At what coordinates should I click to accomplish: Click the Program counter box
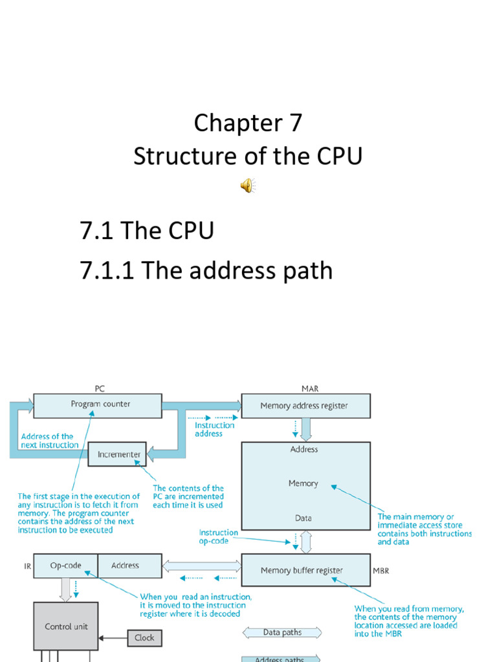click(97, 405)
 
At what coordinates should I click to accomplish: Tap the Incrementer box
click(118, 454)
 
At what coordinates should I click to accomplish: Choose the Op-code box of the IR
click(65, 566)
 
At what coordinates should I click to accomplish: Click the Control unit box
click(66, 626)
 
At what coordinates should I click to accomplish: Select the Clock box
click(144, 637)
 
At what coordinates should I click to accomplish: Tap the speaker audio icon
click(248, 186)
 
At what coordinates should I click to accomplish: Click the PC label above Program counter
click(100, 389)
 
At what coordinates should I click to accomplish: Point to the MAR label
click(310, 389)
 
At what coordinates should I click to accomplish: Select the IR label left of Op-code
click(27, 566)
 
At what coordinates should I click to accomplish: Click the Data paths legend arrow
click(282, 632)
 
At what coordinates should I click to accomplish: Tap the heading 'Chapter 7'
click(248, 123)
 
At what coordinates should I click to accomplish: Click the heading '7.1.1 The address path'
click(206, 270)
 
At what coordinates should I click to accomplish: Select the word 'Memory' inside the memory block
click(304, 484)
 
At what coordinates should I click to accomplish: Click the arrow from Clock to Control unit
click(113, 637)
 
